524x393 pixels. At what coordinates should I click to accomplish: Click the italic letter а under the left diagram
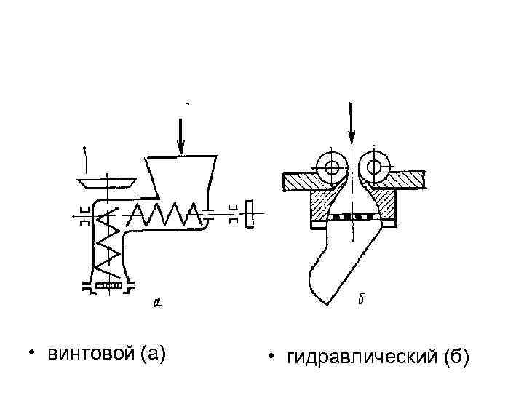tap(159, 301)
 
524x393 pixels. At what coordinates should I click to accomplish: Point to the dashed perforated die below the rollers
tap(353, 218)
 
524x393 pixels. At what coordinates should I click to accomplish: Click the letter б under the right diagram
tap(362, 298)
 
